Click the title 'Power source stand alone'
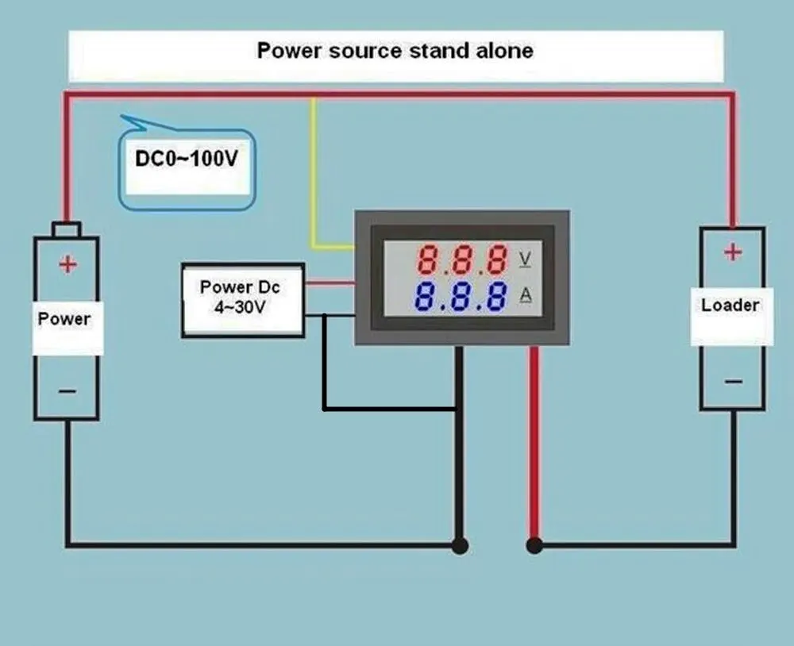tap(395, 52)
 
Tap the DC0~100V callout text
tap(187, 159)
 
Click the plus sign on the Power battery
tap(68, 264)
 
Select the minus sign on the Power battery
tap(67, 390)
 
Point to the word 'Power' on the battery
tap(65, 319)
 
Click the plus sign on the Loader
tap(732, 252)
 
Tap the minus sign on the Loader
tap(733, 381)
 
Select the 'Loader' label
tap(730, 305)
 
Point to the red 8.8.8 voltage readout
tap(463, 260)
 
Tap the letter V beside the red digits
tap(525, 259)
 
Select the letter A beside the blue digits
tap(525, 295)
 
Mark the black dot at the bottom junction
tap(459, 545)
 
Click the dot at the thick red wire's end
tap(534, 545)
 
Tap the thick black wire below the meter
tap(459, 460)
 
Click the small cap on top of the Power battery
tap(66, 229)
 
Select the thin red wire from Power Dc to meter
tap(330, 281)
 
